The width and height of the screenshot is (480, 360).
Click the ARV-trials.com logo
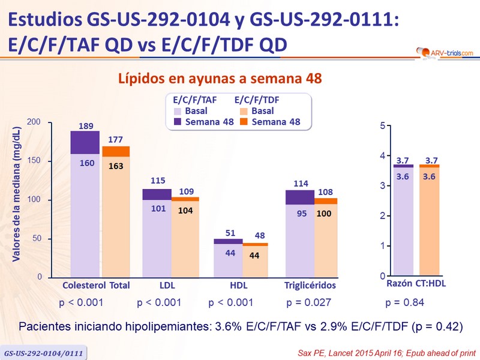click(x=444, y=53)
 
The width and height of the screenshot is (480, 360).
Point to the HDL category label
click(x=239, y=286)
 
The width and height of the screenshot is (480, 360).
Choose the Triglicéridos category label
click(x=310, y=286)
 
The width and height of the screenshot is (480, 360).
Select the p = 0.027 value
click(x=310, y=303)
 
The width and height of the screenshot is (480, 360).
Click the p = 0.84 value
click(x=404, y=303)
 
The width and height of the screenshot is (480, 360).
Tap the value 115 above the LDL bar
click(x=158, y=181)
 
